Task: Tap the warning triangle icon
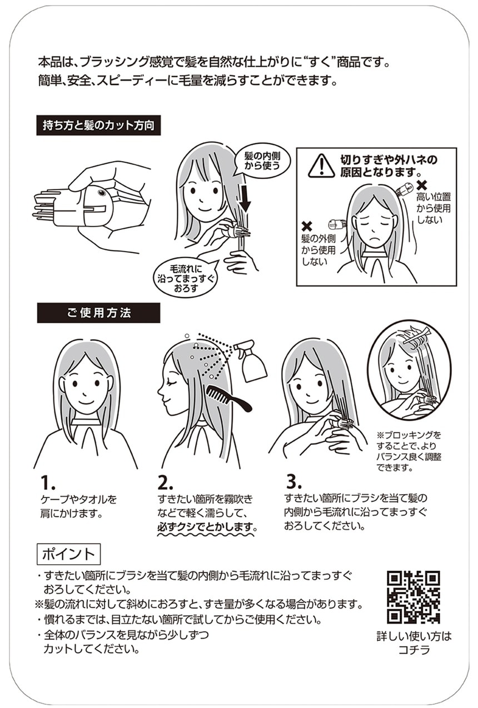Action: coord(321,165)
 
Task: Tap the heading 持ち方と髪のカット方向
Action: coord(98,125)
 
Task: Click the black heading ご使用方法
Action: coord(98,313)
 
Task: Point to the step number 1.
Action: coord(48,483)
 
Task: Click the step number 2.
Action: coord(166,483)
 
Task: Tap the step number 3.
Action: coord(294,482)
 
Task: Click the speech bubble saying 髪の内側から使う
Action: coord(262,161)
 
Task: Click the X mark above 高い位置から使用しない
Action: coord(422,184)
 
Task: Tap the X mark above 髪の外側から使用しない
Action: coord(307,227)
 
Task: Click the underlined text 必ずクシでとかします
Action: coord(207,527)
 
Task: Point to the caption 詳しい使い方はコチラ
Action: coord(414,643)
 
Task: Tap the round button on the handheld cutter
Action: coord(102,192)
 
